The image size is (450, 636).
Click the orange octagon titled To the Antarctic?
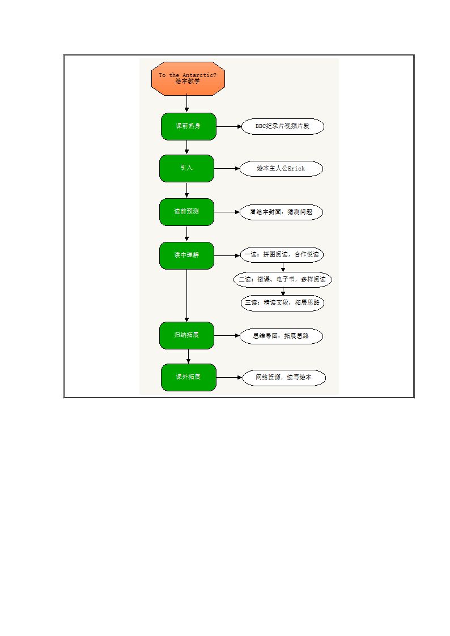[x=188, y=79]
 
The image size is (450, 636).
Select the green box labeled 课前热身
[x=189, y=126]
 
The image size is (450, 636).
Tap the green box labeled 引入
[x=186, y=168]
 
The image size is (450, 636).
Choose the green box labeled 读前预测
[x=186, y=212]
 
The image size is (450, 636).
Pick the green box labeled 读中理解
[x=186, y=255]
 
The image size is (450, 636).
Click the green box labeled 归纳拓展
[x=186, y=335]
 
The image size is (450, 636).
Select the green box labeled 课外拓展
[x=189, y=378]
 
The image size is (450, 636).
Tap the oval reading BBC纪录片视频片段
[x=283, y=126]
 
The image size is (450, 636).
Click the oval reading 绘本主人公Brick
[x=281, y=169]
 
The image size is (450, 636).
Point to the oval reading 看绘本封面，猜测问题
[x=281, y=212]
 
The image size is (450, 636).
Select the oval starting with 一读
[x=282, y=255]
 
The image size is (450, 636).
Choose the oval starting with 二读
[x=283, y=279]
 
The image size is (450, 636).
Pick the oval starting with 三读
[x=282, y=303]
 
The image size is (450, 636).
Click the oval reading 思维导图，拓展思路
[x=281, y=336]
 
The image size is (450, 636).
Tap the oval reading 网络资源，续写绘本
[x=284, y=378]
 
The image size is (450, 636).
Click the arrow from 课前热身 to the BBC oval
[x=229, y=126]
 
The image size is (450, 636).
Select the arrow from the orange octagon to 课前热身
[x=186, y=104]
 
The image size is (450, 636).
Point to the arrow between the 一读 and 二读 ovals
[x=283, y=267]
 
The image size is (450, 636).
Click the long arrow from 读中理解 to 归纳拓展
[x=186, y=296]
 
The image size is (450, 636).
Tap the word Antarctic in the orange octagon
[x=198, y=75]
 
